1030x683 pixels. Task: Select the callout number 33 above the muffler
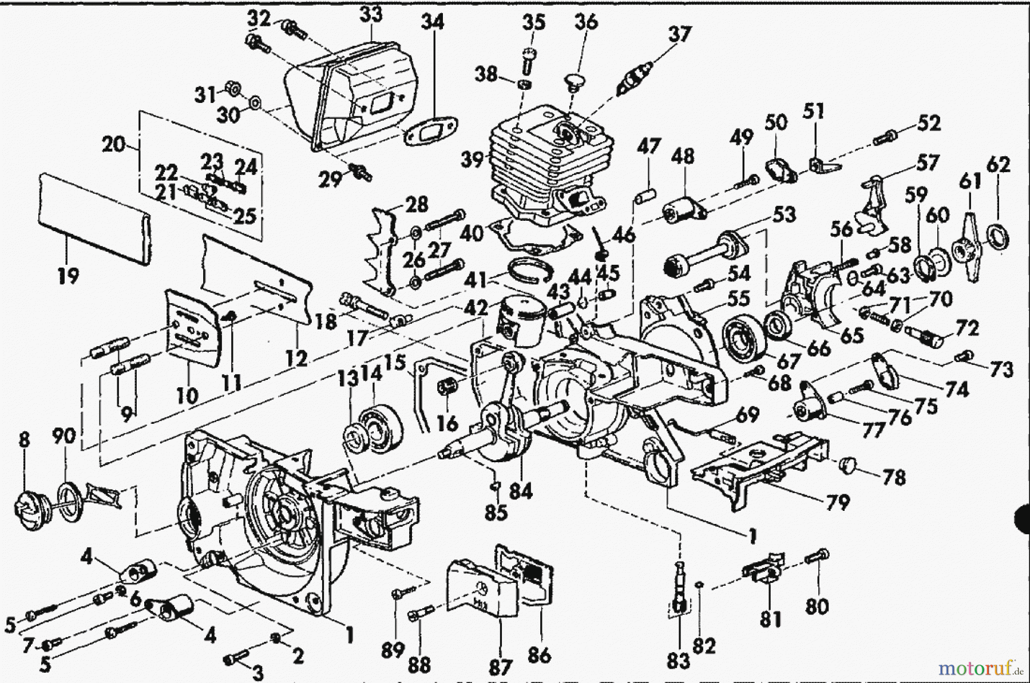click(370, 14)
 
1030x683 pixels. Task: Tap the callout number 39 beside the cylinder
click(473, 160)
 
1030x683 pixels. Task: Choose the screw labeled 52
click(886, 137)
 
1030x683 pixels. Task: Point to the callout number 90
click(64, 436)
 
